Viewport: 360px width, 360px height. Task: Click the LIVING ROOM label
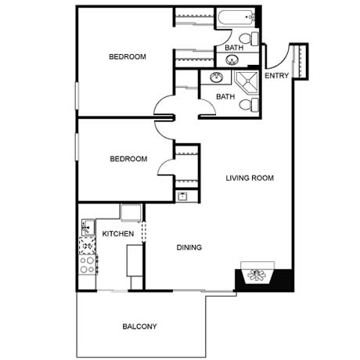pyautogui.click(x=250, y=178)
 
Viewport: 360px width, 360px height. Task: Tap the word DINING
pyautogui.click(x=189, y=247)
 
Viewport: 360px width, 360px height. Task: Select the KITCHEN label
pyautogui.click(x=118, y=234)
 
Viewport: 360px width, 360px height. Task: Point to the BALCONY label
pyautogui.click(x=139, y=326)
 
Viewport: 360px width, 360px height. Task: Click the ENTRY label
pyautogui.click(x=276, y=76)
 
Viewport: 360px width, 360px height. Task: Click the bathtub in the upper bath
pyautogui.click(x=236, y=17)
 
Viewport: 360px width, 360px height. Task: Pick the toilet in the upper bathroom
pyautogui.click(x=249, y=38)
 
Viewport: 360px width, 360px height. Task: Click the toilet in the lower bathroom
pyautogui.click(x=249, y=105)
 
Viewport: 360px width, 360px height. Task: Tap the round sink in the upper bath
pyautogui.click(x=232, y=60)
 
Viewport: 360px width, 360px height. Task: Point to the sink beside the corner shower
pyautogui.click(x=217, y=77)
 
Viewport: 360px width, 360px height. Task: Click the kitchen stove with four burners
pyautogui.click(x=88, y=265)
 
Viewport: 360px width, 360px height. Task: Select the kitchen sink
pyautogui.click(x=88, y=228)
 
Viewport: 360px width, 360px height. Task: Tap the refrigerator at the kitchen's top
pyautogui.click(x=131, y=212)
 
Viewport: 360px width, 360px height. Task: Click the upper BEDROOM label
pyautogui.click(x=128, y=56)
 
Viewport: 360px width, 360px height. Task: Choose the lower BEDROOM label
pyautogui.click(x=128, y=159)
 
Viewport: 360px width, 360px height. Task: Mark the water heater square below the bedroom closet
pyautogui.click(x=182, y=196)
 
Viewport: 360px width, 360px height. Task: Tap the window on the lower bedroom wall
pyautogui.click(x=77, y=146)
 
